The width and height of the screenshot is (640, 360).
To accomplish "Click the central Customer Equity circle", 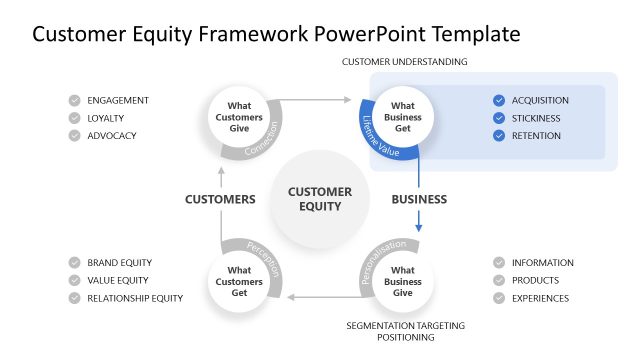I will point(320,198).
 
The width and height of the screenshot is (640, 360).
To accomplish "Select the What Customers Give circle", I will point(239,114).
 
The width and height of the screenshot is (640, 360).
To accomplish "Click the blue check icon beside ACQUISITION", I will point(499,100).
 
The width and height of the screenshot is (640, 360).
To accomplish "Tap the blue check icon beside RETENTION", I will point(499,136).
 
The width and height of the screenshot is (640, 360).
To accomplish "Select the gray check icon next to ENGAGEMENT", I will point(75,100).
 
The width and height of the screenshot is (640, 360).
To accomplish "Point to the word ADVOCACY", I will point(112,136).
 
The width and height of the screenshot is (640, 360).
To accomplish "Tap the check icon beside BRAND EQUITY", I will point(75,263).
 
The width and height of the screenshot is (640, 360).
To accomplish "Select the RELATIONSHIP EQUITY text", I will point(135,298).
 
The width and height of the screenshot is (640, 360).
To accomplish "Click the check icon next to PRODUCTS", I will point(499,281).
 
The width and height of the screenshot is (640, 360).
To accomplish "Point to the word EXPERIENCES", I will point(540,298).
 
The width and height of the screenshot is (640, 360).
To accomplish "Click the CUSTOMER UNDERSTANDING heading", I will point(405,62).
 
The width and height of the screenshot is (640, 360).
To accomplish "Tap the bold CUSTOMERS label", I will point(220,199).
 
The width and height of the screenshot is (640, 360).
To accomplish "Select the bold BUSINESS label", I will point(419,199).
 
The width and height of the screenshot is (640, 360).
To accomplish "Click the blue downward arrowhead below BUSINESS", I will point(419,228).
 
